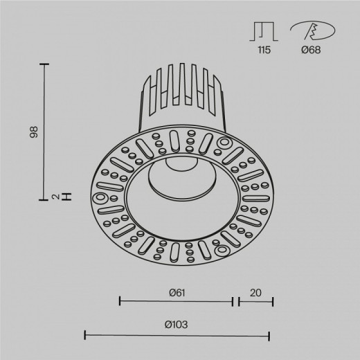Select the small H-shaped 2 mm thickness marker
66,197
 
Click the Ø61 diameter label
176,293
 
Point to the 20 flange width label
255,293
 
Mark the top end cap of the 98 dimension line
46,64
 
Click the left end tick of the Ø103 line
85,335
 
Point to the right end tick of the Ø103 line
269,335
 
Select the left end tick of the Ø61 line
120,301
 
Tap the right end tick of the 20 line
273,301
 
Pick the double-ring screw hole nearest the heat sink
225,143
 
